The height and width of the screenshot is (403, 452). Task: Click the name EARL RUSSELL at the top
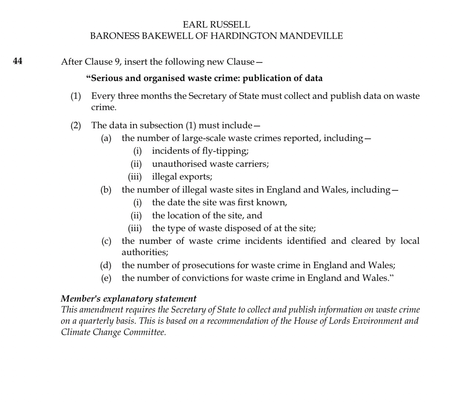pos(216,25)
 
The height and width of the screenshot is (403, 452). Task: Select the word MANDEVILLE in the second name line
pos(311,36)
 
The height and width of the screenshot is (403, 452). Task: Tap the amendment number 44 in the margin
pos(17,61)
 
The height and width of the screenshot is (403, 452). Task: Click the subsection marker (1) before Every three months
pos(76,96)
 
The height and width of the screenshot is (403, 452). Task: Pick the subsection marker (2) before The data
pos(76,125)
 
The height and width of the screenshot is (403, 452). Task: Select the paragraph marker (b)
pos(106,190)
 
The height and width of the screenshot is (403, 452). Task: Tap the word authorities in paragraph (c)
pos(144,252)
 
